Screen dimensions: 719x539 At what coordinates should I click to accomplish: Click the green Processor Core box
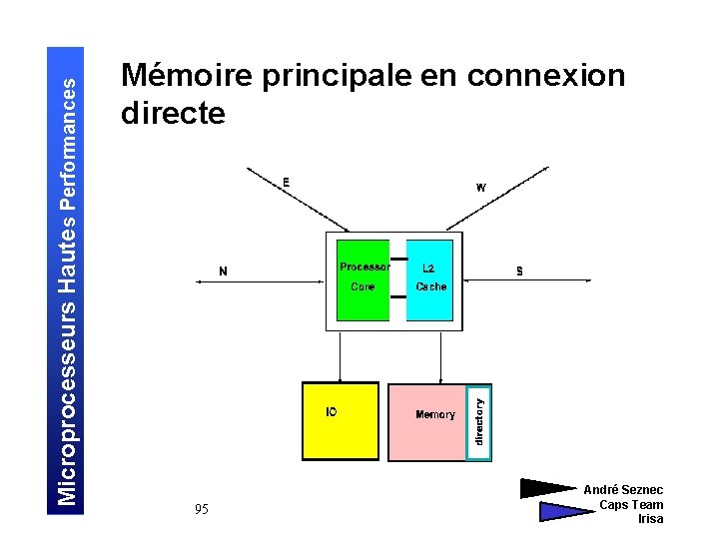[363, 279]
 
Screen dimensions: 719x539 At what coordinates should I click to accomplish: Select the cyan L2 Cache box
[430, 279]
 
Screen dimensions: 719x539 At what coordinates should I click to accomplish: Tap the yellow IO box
[341, 420]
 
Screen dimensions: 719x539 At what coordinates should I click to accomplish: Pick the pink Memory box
[426, 422]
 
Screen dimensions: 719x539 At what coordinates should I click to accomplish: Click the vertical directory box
[479, 422]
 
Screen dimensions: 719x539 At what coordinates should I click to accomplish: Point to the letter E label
[286, 182]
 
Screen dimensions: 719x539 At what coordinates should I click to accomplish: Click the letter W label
[480, 187]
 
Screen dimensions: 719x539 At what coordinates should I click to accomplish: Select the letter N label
[223, 270]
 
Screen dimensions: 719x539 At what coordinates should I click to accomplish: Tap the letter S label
[519, 270]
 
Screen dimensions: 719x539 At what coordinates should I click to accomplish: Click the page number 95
[202, 510]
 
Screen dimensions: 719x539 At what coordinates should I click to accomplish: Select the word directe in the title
[173, 113]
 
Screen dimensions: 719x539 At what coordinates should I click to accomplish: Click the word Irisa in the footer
[650, 519]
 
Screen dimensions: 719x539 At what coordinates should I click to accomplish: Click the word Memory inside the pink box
[435, 414]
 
